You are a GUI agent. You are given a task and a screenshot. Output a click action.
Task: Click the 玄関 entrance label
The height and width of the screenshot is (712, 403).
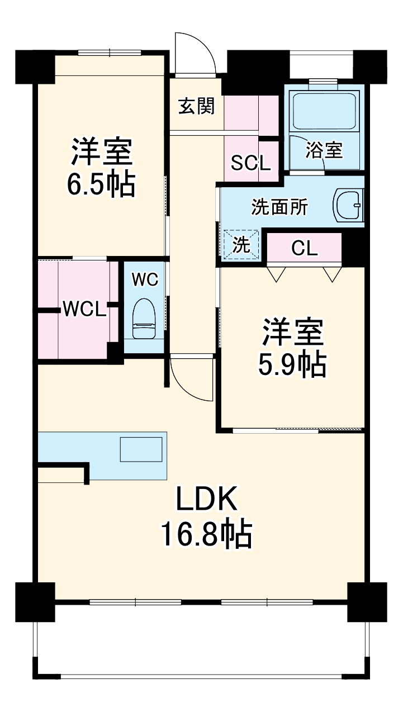tap(196, 106)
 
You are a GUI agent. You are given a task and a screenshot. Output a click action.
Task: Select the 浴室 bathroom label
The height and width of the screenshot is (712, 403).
tap(324, 150)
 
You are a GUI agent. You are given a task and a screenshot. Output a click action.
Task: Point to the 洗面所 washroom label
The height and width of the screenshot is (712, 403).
tap(279, 207)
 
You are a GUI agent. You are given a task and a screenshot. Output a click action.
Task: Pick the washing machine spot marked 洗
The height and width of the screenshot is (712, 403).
tap(241, 245)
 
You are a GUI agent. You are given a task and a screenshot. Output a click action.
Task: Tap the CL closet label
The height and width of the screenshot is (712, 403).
tap(304, 248)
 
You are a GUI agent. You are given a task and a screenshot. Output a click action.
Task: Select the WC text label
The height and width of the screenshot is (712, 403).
tap(145, 280)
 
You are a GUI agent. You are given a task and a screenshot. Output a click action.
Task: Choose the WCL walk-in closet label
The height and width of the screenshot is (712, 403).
tap(84, 309)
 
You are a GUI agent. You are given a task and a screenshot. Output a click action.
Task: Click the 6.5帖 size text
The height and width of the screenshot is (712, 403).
tap(101, 184)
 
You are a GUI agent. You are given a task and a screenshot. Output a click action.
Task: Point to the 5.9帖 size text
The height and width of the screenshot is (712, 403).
tap(292, 364)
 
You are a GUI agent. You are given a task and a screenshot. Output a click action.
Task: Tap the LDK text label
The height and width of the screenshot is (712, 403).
tap(207, 499)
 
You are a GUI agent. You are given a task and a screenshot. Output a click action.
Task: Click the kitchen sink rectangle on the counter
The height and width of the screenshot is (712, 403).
tap(141, 449)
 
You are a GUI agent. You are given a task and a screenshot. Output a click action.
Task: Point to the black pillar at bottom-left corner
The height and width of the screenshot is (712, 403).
tap(35, 601)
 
